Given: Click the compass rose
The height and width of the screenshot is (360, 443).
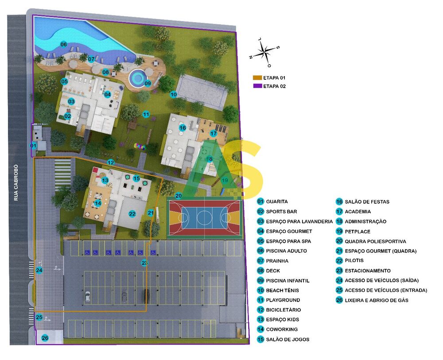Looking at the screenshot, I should click(x=265, y=50).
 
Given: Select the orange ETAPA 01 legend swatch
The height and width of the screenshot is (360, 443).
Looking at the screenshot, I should click(x=257, y=77).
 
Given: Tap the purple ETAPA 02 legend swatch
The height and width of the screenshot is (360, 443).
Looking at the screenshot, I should click(x=257, y=86).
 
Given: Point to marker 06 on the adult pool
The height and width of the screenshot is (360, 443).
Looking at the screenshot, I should click(x=63, y=44).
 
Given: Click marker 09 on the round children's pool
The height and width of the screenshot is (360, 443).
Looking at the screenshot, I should click(x=148, y=83).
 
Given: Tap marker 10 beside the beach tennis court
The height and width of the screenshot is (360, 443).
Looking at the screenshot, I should click(x=173, y=94).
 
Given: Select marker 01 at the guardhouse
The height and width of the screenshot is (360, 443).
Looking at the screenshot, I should click(x=33, y=146).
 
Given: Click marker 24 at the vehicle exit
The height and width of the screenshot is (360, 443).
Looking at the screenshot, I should click(x=39, y=270).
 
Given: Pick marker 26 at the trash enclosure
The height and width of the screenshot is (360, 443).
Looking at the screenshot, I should click(x=44, y=338).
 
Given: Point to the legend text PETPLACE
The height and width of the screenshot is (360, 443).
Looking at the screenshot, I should click(x=358, y=232).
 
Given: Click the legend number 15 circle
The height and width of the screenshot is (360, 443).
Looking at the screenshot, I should click(x=261, y=340).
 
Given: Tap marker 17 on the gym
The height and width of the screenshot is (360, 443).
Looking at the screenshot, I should click(x=213, y=133).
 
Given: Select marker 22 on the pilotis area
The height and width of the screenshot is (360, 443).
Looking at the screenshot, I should click(x=132, y=214).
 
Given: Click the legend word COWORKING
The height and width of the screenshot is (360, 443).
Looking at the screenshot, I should click(x=282, y=329).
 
